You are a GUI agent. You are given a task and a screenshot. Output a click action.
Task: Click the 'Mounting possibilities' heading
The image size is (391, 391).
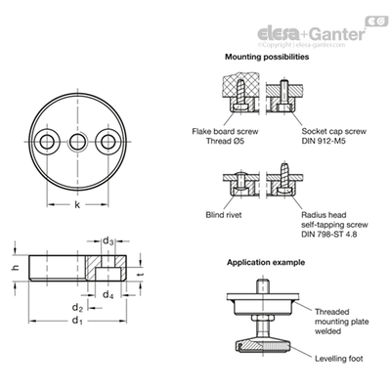(267, 57)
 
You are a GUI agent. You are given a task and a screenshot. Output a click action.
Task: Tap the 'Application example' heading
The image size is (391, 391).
(266, 263)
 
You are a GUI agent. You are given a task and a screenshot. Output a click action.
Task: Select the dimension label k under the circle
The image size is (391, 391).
(77, 204)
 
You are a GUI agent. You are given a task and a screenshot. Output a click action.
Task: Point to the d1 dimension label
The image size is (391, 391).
(77, 321)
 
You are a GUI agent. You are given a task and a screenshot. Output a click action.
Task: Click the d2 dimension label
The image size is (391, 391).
(77, 307)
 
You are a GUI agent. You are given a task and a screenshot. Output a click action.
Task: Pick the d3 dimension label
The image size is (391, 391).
(109, 241)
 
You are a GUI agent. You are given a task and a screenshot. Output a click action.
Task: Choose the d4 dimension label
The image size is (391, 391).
(109, 295)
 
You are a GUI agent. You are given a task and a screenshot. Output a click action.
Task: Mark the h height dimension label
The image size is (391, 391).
(16, 268)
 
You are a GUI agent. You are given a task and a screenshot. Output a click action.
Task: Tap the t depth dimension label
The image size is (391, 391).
(140, 275)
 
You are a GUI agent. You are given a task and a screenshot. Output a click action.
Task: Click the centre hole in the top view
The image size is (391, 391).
(77, 142)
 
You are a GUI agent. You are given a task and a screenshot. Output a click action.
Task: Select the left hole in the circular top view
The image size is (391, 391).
(48, 142)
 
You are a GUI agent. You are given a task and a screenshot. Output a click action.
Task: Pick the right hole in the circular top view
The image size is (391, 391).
(108, 142)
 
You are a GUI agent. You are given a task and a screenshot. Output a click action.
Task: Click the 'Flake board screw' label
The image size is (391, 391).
(225, 132)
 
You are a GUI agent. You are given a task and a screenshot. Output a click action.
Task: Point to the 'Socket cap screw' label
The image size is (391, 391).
(333, 132)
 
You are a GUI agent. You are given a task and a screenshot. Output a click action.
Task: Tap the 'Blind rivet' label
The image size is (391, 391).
(224, 215)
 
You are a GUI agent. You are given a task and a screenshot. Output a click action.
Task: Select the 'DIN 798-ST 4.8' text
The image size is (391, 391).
(329, 235)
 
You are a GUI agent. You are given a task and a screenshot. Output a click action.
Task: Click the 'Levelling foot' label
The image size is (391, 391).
(339, 359)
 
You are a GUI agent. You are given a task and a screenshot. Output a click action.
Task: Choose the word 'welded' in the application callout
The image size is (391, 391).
(327, 331)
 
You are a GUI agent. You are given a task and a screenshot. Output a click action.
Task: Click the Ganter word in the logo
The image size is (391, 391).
(336, 34)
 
